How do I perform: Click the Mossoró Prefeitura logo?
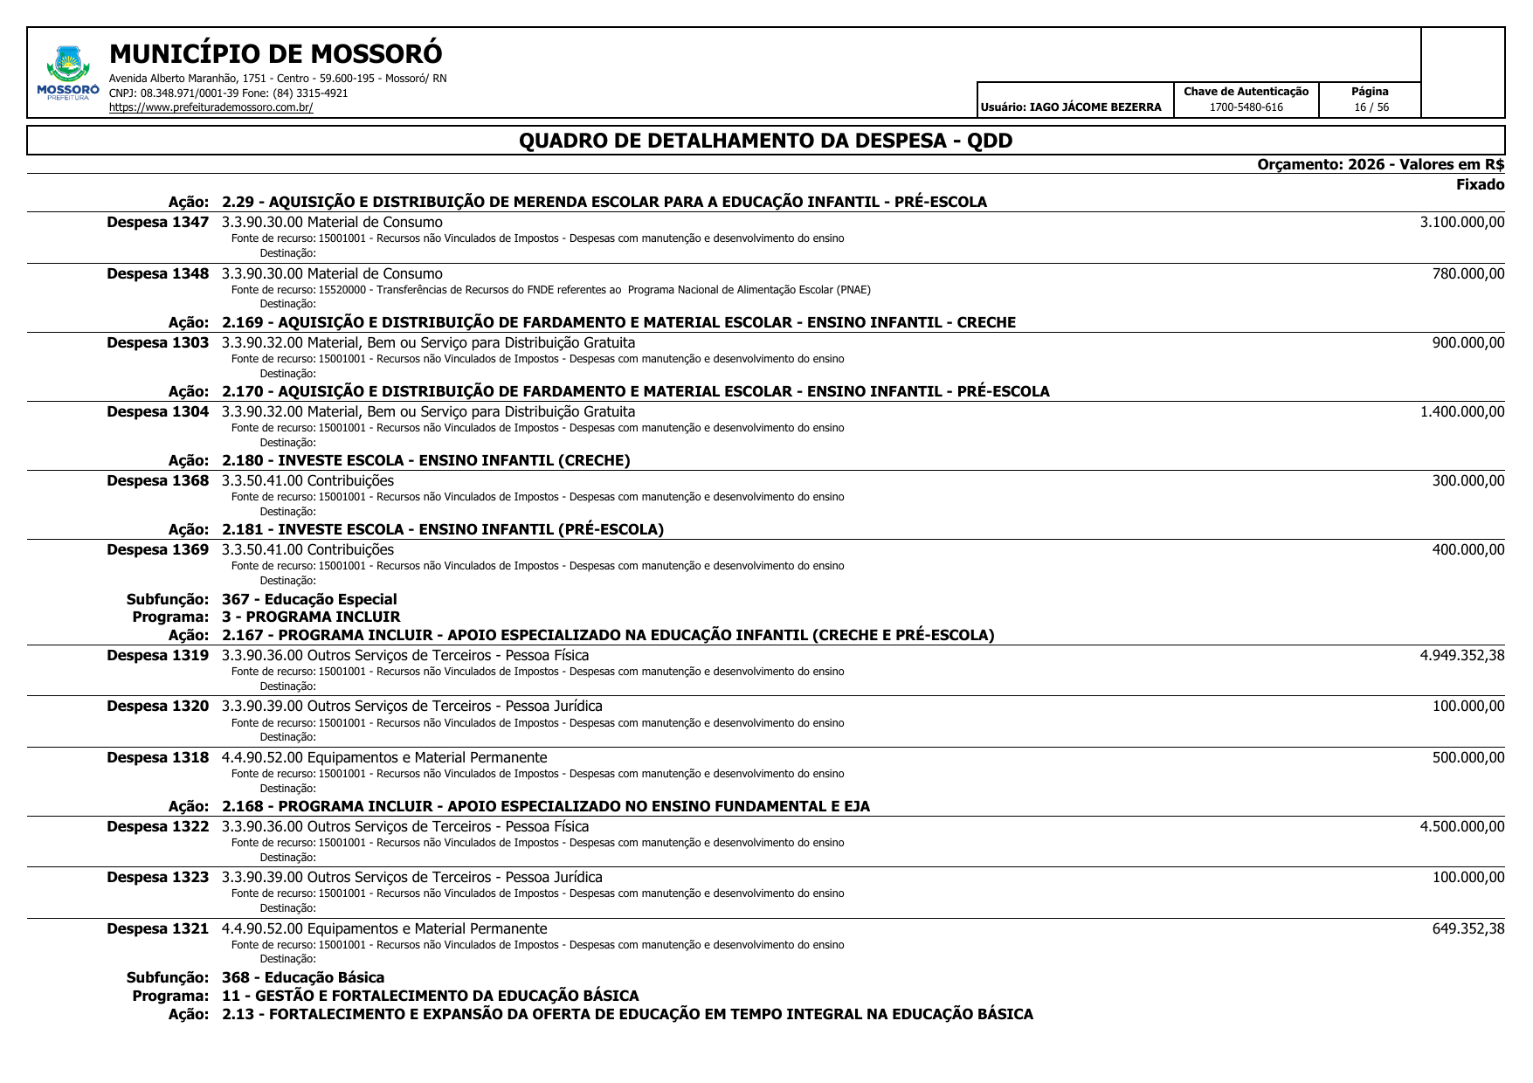[x=68, y=73]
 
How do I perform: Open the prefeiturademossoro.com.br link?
[x=211, y=107]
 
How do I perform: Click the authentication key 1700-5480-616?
[x=1246, y=107]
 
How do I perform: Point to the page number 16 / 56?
[x=1371, y=107]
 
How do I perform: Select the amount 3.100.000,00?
[x=1461, y=223]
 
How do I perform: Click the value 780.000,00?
[x=1467, y=274]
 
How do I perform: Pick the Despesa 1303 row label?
[x=158, y=343]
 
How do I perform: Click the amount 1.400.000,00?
[x=1461, y=412]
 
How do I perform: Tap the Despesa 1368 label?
[x=158, y=481]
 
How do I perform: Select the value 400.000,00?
[x=1467, y=550]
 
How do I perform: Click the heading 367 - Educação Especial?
[x=309, y=599]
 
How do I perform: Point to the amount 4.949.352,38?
[x=1461, y=656]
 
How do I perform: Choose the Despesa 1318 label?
[x=158, y=758]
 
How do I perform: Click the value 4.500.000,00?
[x=1461, y=827]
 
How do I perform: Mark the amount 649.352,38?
[x=1467, y=929]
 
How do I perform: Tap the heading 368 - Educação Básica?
[x=303, y=977]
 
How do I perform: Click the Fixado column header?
[x=1480, y=184]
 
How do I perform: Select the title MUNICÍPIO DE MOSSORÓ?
[x=276, y=54]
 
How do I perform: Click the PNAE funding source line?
[x=550, y=290]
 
